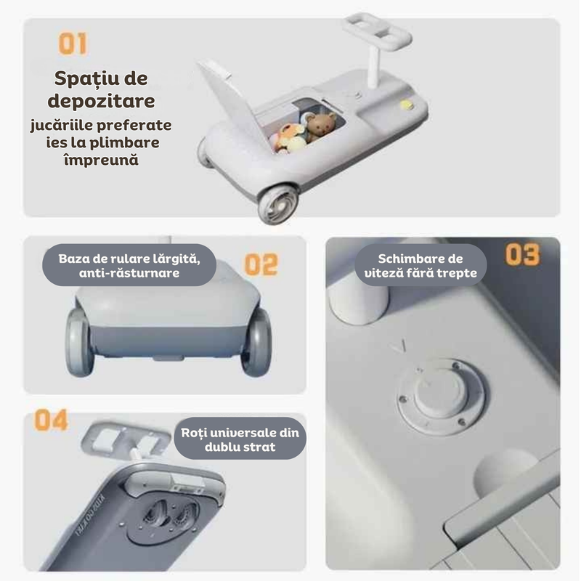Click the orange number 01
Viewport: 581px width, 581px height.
[73, 44]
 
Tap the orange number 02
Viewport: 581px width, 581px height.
[261, 264]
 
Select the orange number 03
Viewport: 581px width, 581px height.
[523, 254]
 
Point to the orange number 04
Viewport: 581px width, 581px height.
[51, 420]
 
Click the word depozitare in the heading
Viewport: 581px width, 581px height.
[101, 101]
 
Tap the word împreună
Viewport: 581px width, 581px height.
[101, 160]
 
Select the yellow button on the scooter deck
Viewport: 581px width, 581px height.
[407, 105]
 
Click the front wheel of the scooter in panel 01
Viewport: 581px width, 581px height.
[278, 204]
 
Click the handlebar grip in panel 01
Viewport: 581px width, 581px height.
[377, 31]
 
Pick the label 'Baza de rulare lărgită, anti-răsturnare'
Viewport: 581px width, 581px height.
[129, 265]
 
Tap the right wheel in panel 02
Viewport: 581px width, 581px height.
[256, 342]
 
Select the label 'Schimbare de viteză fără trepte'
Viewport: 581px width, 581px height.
[420, 265]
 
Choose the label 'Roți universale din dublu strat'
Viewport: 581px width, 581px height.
[240, 439]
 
